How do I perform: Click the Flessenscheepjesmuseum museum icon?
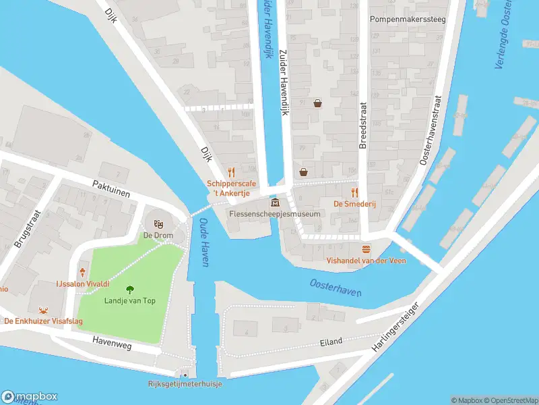[x=275, y=202]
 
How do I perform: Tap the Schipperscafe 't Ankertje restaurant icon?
[x=231, y=172]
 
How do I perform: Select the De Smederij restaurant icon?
[x=354, y=192]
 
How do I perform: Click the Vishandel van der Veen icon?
[x=366, y=249]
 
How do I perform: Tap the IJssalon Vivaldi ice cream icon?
[x=83, y=272]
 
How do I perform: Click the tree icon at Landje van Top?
[x=129, y=289]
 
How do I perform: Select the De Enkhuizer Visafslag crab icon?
[x=44, y=310]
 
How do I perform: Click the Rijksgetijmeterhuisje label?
[x=185, y=384]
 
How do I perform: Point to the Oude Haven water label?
[x=205, y=243]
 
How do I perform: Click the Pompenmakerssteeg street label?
[x=408, y=20]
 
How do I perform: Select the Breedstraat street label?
[x=362, y=126]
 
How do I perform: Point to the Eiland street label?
[x=332, y=341]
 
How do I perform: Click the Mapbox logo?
[x=30, y=397]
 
